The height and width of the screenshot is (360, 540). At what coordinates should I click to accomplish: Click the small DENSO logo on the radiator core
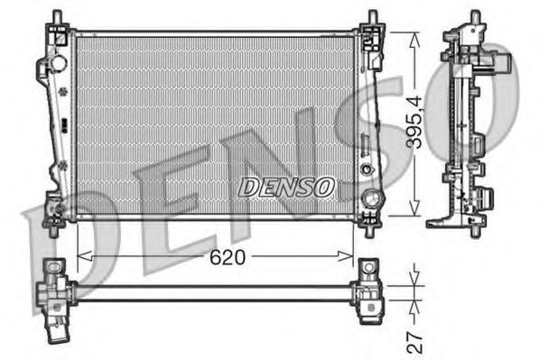coord(286,187)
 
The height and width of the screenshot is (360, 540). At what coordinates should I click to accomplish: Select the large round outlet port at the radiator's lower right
coord(369,199)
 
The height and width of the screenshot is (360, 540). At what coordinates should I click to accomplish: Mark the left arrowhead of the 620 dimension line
coord(82,256)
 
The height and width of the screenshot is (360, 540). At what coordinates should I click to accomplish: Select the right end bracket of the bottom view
coord(370,291)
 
